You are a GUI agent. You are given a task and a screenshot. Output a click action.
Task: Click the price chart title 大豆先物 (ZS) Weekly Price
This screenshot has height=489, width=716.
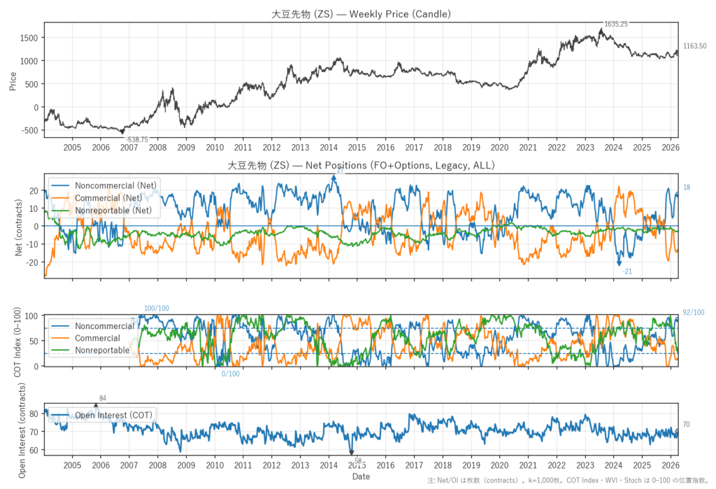coord(361,13)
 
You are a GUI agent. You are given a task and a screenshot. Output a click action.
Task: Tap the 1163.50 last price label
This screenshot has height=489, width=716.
coord(694,46)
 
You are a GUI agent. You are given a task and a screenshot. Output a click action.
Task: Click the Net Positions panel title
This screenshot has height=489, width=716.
coord(361,166)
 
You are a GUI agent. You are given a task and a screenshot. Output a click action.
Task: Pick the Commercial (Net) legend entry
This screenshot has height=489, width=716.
coord(112,197)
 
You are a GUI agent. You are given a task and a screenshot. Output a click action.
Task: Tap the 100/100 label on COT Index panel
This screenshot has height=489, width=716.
coord(156,309)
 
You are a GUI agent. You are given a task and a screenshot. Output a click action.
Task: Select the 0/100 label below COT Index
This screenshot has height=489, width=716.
coord(230,374)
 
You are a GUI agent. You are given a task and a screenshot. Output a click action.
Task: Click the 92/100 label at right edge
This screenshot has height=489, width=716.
coord(693,313)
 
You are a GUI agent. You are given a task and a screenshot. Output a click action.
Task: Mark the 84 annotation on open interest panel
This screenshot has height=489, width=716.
coord(103,399)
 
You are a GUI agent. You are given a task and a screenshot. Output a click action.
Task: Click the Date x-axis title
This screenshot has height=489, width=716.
coord(361,476)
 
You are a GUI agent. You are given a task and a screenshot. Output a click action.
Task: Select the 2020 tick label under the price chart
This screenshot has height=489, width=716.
coord(499,148)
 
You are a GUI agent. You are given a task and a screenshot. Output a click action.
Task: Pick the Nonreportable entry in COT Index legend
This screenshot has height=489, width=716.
coord(101,350)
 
